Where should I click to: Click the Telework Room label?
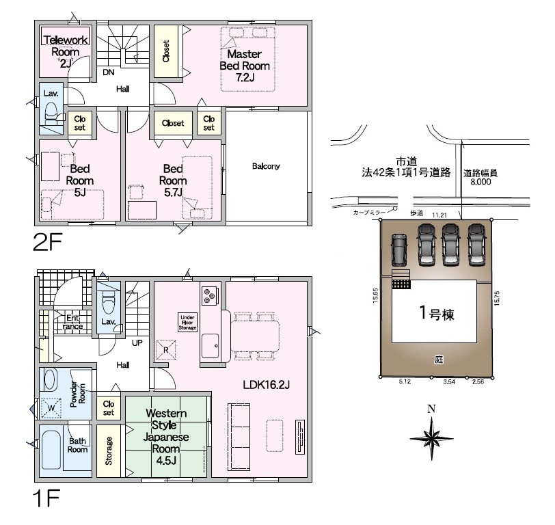[66, 52]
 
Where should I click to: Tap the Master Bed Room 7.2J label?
[245, 66]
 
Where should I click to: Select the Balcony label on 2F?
[266, 166]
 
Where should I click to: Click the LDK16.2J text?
[266, 384]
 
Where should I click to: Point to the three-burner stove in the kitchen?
[210, 296]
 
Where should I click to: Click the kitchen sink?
[211, 346]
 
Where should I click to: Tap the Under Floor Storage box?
[187, 323]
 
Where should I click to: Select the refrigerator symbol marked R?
[166, 350]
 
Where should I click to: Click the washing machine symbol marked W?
[51, 408]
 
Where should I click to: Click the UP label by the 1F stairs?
[137, 342]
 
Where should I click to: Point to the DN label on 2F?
[109, 72]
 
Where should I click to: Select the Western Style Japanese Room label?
[165, 437]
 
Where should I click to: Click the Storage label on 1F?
[109, 450]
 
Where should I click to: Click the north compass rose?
[431, 438]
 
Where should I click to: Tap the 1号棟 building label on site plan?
[437, 313]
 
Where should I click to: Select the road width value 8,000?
[480, 182]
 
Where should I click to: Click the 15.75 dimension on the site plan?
[496, 298]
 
